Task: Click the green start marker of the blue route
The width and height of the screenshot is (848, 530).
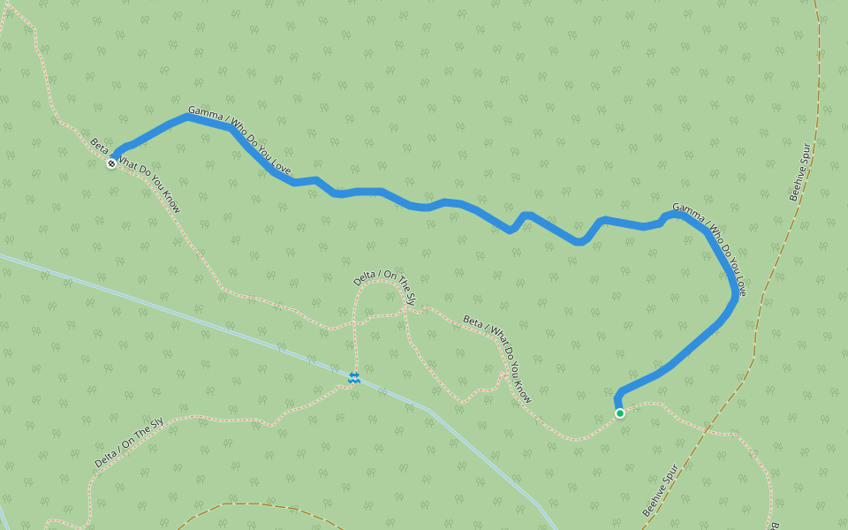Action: point(620,413)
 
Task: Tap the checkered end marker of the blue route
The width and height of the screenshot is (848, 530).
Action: point(111,163)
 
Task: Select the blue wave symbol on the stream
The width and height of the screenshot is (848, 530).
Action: point(353,378)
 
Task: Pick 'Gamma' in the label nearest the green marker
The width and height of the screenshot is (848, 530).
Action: point(686,209)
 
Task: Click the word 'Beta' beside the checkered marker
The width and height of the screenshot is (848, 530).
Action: point(98,145)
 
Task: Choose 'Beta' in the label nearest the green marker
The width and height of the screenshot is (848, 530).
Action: point(473,322)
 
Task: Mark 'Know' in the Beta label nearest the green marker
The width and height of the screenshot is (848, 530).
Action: point(523,391)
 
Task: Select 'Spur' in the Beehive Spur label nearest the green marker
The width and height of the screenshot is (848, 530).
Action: point(673,472)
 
